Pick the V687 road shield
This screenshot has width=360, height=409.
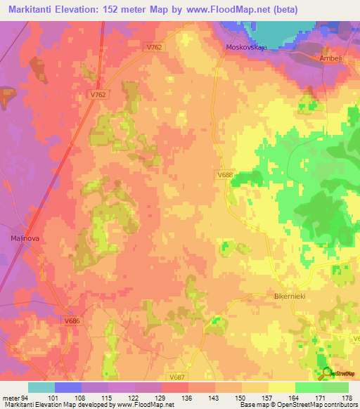tap(177, 377)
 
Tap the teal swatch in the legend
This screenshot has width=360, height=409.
tap(41, 387)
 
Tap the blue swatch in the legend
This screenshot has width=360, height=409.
tap(68, 387)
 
